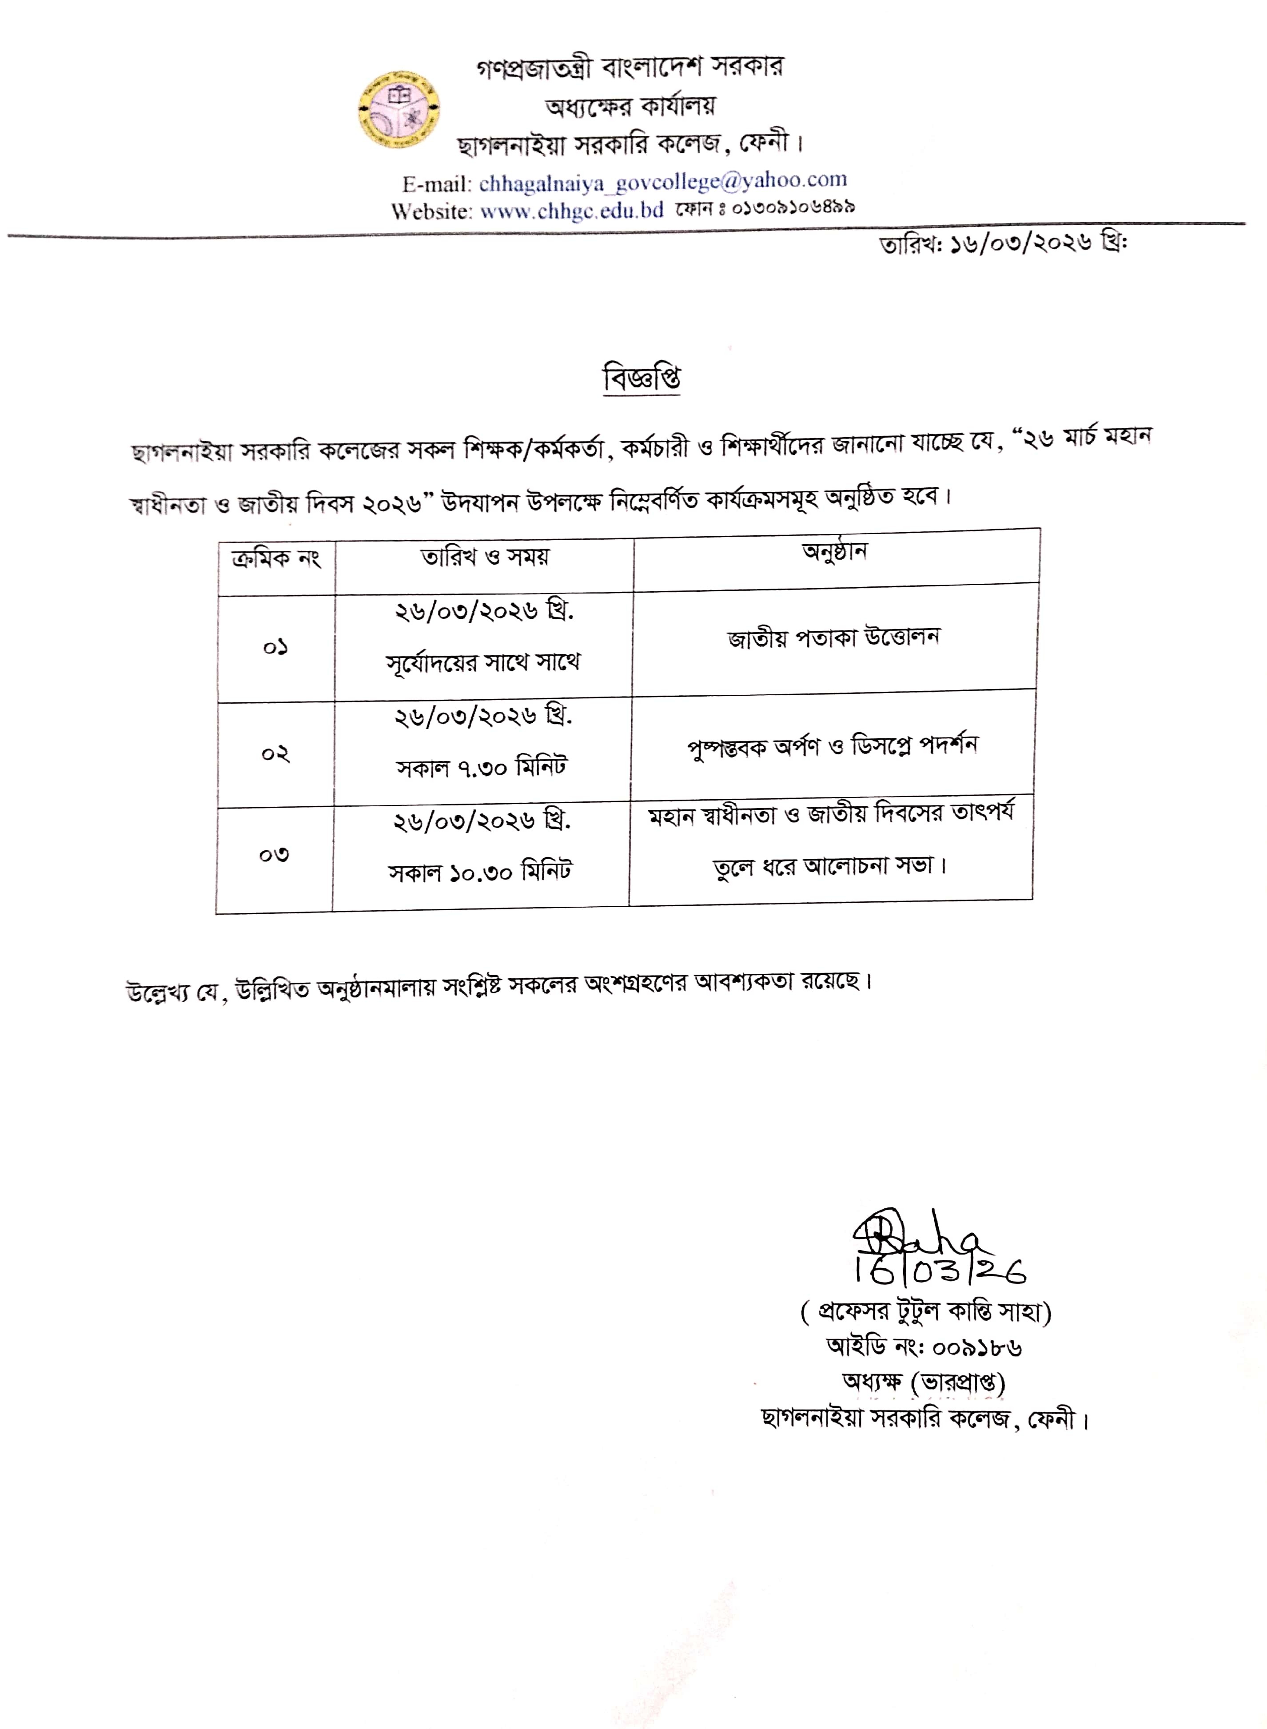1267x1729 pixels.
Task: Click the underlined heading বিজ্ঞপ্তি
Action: (x=642, y=379)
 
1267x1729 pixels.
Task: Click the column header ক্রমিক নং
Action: (x=276, y=558)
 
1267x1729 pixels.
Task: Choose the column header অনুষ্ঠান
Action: (x=834, y=552)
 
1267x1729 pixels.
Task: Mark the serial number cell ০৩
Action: (x=274, y=855)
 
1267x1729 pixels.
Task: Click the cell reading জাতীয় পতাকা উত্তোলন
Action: (x=834, y=638)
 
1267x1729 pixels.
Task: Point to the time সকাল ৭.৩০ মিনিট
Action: (x=481, y=767)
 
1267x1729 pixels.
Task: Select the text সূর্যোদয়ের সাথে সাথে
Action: (x=483, y=661)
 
